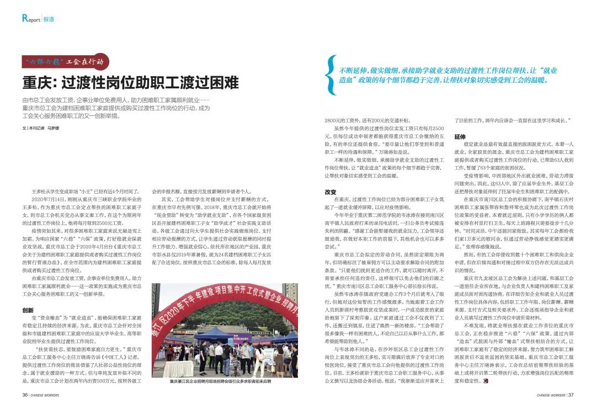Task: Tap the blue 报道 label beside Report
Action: (49, 19)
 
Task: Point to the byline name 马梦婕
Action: (53, 128)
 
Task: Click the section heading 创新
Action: (28, 311)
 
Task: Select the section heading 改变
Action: (331, 192)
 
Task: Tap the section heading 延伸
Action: (460, 136)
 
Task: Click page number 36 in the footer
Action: (25, 395)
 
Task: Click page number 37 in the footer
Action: (572, 395)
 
